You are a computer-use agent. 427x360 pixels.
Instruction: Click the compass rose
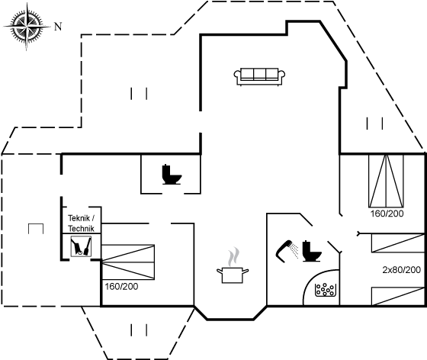click(27, 27)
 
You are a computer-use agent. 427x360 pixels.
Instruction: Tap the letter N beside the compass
click(58, 27)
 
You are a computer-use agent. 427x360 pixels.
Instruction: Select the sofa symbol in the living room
click(259, 77)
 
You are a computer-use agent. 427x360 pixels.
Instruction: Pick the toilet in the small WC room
click(172, 175)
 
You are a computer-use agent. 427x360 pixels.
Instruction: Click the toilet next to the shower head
click(312, 251)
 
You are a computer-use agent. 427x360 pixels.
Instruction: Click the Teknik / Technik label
click(81, 223)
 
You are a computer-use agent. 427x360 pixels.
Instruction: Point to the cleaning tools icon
click(81, 246)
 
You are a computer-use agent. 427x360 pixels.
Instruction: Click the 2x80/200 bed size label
click(401, 270)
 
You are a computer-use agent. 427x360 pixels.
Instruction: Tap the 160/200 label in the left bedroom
click(121, 287)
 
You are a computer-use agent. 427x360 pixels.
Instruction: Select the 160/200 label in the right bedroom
click(387, 214)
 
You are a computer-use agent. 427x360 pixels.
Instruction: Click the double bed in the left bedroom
click(128, 262)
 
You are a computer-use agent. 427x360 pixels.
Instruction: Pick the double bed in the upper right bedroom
click(386, 181)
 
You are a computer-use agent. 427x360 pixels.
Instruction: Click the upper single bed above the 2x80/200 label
click(398, 243)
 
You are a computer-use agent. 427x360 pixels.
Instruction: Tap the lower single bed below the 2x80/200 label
click(398, 296)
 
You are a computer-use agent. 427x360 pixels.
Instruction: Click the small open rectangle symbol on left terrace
click(36, 229)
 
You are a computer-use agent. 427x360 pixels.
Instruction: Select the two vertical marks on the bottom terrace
click(139, 329)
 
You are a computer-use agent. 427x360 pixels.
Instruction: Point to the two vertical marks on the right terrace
click(374, 124)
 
